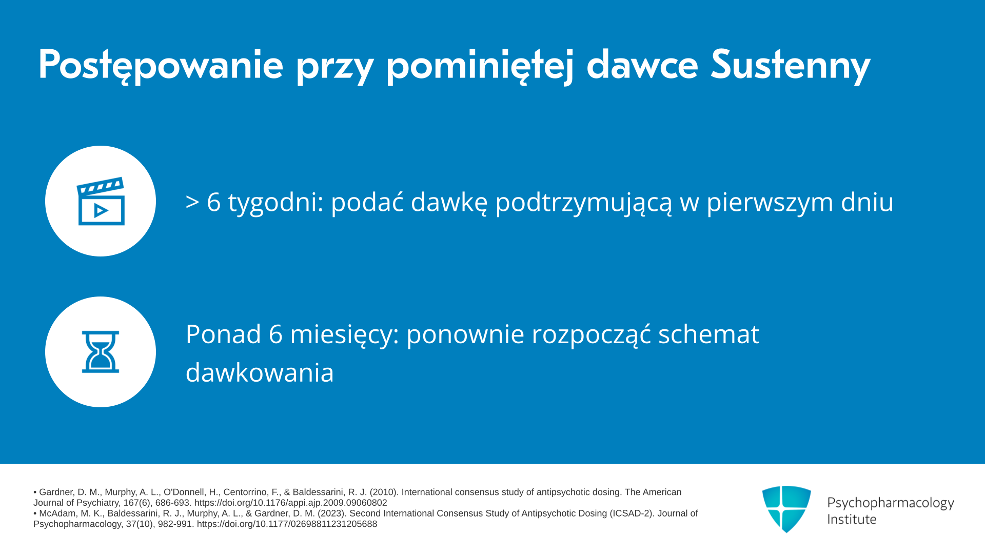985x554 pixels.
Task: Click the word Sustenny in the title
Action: (791, 66)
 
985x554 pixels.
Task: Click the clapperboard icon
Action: (101, 201)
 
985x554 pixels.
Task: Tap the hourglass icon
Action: (101, 352)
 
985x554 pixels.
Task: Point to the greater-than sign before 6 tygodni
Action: (192, 202)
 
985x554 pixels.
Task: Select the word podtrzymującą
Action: (583, 202)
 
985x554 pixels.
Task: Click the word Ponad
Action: (223, 334)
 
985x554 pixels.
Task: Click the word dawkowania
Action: (260, 373)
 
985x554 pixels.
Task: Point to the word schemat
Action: (708, 334)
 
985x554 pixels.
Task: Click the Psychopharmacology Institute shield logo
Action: (786, 509)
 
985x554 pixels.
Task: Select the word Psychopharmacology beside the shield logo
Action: (891, 503)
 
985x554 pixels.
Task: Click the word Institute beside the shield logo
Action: (852, 519)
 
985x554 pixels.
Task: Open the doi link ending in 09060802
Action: (290, 503)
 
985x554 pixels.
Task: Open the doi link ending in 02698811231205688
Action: (287, 524)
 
